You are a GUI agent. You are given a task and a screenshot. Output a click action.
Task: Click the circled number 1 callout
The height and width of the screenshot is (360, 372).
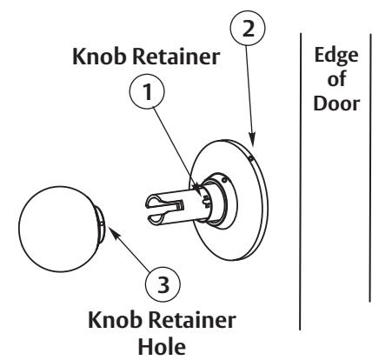point(147,92)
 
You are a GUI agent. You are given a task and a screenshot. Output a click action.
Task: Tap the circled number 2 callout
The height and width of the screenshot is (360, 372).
point(248,29)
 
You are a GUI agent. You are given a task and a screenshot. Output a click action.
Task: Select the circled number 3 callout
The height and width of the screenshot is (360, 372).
point(163,283)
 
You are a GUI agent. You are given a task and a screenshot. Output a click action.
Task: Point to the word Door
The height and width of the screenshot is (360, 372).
point(336,103)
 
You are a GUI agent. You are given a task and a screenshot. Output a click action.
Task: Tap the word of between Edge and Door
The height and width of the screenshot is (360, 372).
point(336,79)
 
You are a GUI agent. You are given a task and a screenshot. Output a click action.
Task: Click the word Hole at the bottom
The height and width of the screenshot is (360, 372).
point(162,347)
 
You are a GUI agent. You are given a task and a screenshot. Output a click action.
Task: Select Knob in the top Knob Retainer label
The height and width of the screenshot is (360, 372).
point(99,56)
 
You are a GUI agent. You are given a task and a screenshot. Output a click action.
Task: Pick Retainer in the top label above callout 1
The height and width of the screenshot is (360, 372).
point(176,57)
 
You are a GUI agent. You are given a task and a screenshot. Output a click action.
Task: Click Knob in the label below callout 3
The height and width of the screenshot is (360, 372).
point(116,319)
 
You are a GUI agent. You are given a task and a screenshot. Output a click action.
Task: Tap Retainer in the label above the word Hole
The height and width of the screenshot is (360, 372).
point(192,320)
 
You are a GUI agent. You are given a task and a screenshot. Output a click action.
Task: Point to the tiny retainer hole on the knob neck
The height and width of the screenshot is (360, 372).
point(101,223)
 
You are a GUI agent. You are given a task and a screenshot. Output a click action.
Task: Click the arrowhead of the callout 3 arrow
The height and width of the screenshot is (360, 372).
point(112,232)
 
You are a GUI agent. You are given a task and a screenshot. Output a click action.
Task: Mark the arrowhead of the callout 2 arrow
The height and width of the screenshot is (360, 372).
point(252,140)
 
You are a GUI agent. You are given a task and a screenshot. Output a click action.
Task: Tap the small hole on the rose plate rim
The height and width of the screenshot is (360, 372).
point(250,158)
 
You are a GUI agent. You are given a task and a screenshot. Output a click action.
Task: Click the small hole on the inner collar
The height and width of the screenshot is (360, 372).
point(223,180)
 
